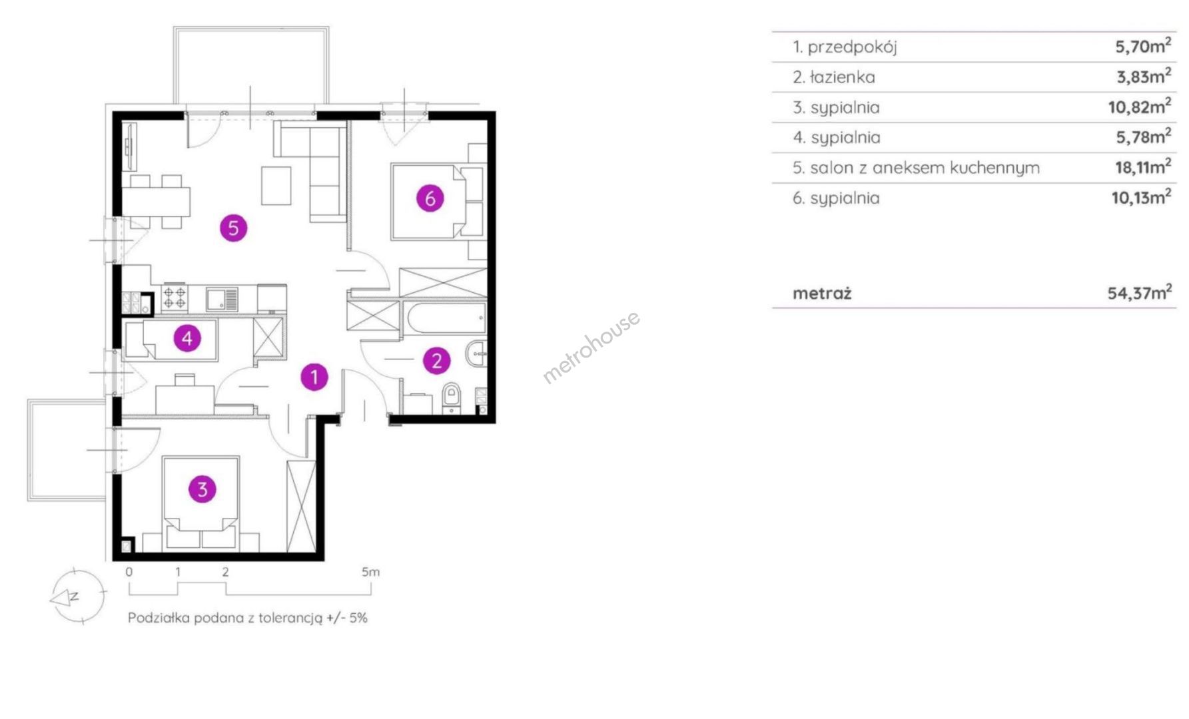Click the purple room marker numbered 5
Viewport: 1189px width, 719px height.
(x=233, y=228)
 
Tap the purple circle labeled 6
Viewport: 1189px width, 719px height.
(x=430, y=198)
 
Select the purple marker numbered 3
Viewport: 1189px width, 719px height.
(x=202, y=489)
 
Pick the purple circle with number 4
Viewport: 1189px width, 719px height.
(x=187, y=338)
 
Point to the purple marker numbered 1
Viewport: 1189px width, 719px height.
(x=314, y=377)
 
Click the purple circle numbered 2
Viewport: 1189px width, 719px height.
(x=437, y=360)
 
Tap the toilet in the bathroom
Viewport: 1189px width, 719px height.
(x=452, y=398)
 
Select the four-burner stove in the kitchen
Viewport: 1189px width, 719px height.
(x=175, y=297)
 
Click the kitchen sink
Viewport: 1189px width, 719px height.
(x=221, y=298)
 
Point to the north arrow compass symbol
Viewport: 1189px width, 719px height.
(x=77, y=595)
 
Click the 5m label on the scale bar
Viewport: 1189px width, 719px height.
(x=371, y=572)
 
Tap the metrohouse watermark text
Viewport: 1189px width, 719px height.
(x=591, y=347)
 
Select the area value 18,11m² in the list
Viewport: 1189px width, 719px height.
(x=1143, y=166)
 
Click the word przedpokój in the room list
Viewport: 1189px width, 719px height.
(x=853, y=47)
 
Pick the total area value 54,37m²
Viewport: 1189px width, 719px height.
(x=1140, y=292)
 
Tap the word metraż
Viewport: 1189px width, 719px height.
(x=822, y=294)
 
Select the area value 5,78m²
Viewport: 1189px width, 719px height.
(x=1144, y=136)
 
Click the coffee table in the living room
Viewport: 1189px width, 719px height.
(x=276, y=185)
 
